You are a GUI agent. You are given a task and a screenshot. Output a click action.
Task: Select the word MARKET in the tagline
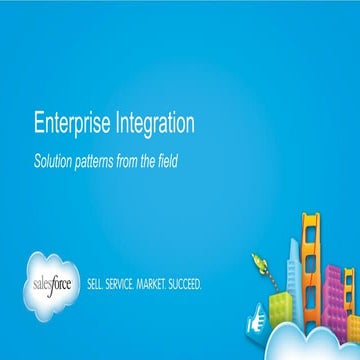click(165, 283)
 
